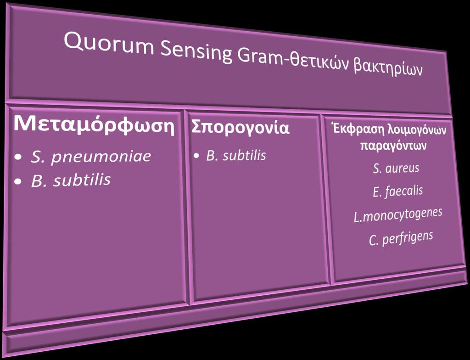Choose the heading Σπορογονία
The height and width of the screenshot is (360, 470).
tap(240, 128)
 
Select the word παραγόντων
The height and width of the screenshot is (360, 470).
tap(393, 146)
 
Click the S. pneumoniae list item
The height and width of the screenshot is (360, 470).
tap(90, 157)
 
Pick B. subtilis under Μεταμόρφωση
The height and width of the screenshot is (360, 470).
tap(71, 180)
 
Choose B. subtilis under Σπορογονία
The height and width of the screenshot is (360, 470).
tap(236, 155)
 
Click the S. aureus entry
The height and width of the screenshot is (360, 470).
tap(396, 169)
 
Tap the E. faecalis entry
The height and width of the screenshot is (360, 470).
tap(398, 191)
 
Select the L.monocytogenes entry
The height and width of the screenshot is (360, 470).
tap(398, 215)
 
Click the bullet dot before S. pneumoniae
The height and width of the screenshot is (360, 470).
tap(19, 157)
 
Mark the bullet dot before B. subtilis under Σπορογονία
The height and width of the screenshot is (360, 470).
tap(196, 156)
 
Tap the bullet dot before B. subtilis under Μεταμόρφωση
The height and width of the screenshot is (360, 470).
tap(19, 181)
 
